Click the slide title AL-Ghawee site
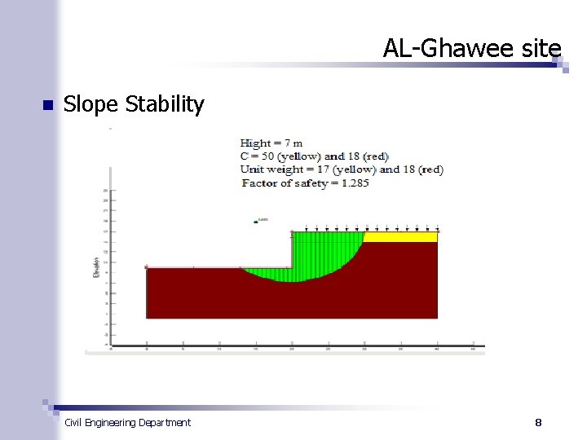point(472,49)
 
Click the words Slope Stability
point(134,104)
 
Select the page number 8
point(538,422)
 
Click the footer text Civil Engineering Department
point(127,422)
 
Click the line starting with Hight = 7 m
point(271,143)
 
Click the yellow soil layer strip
point(399,237)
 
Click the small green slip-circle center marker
point(255,221)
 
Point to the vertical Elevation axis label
point(96,267)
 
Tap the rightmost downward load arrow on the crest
point(438,229)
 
